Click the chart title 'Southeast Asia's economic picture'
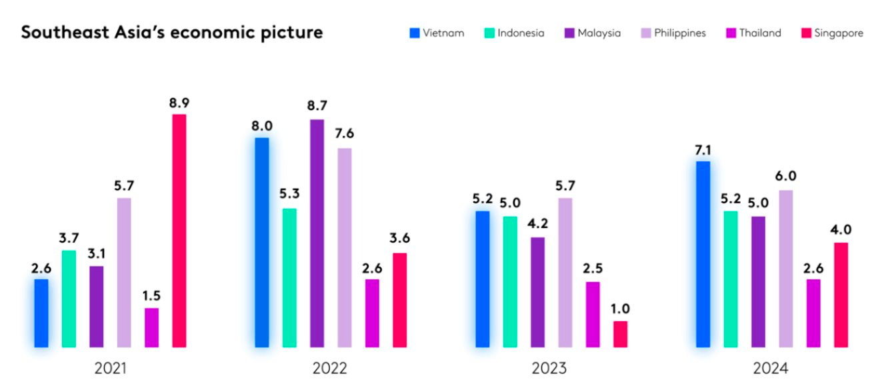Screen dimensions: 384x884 pos(171,32)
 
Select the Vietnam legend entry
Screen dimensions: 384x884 pos(437,33)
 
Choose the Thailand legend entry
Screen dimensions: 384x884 pos(753,33)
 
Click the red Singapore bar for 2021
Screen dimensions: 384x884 pos(179,231)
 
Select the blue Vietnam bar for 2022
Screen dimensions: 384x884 pos(262,243)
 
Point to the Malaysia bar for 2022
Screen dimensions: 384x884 pos(317,233)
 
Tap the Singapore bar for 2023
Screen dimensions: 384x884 pos(621,334)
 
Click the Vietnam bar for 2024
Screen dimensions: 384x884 pos(703,254)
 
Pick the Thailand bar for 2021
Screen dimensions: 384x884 pos(152,327)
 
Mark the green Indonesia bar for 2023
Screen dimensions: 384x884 pos(510,281)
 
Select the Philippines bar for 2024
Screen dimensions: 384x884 pos(786,269)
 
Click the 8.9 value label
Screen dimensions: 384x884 pos(179,103)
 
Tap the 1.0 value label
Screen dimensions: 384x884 pos(621,309)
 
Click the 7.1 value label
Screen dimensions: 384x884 pos(703,150)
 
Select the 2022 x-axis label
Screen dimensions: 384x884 pos(330,369)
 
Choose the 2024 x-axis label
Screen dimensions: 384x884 pos(771,369)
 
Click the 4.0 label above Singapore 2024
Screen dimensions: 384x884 pos(841,230)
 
